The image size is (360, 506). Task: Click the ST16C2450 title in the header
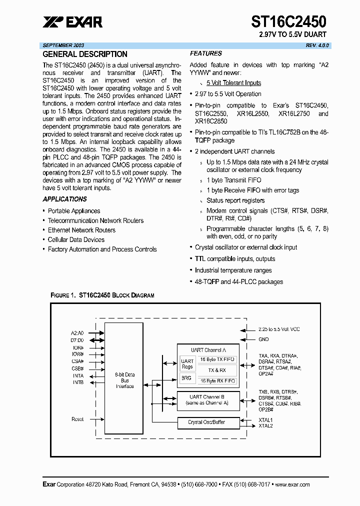click(288, 21)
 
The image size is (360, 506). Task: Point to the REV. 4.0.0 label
click(318, 45)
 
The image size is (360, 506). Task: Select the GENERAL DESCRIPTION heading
click(85, 54)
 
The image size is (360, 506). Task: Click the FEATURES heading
click(205, 53)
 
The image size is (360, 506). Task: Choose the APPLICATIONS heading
click(64, 199)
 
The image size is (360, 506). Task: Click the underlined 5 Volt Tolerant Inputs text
click(233, 83)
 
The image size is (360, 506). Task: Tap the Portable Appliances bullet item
click(74, 211)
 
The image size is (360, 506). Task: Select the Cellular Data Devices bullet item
click(76, 239)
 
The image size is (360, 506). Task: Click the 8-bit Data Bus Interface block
click(124, 380)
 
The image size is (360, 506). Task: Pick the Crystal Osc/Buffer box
click(206, 422)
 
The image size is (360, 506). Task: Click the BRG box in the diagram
click(186, 378)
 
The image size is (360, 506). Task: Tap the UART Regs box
click(187, 364)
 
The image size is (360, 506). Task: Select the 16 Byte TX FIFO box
click(217, 359)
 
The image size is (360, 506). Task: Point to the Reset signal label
click(77, 419)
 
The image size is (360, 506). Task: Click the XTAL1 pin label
click(265, 420)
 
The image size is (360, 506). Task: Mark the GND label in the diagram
click(263, 339)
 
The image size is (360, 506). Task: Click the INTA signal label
click(78, 375)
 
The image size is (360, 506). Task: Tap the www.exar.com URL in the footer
click(292, 484)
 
